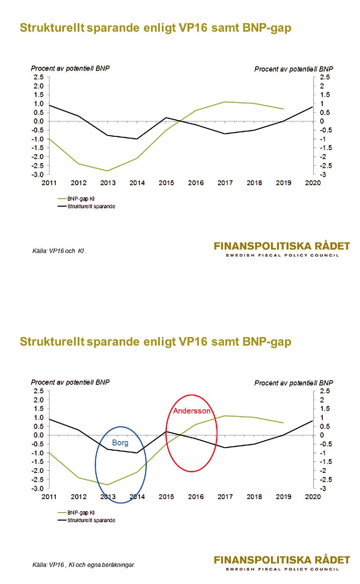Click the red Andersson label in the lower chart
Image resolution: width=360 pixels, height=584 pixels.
tap(192, 411)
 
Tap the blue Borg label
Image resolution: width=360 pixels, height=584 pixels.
tap(120, 443)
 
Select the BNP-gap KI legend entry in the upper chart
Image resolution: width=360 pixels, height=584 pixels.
tap(76, 199)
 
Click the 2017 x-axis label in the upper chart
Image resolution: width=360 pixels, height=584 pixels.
tap(225, 183)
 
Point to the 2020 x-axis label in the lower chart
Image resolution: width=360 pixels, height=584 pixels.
tap(313, 497)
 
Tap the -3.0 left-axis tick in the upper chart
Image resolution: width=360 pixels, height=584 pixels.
tap(38, 174)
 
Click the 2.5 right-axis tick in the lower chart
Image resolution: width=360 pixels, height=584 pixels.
tap(325, 391)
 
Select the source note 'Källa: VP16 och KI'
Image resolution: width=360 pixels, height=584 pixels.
tap(60, 251)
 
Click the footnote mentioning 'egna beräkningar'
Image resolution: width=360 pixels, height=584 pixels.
tap(83, 565)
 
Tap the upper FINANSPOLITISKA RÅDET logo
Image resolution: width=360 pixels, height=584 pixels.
tap(282, 246)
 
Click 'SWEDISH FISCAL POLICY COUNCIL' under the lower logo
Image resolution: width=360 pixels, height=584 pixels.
tap(282, 569)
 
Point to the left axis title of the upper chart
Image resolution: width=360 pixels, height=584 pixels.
tap(70, 68)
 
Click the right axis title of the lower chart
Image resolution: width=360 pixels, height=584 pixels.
tap(294, 383)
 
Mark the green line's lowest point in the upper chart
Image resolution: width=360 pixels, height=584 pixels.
tap(108, 171)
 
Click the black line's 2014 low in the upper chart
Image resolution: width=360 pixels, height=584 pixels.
tap(137, 139)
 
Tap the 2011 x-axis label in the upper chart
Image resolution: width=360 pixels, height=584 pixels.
tap(49, 183)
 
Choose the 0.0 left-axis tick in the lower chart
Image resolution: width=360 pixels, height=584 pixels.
tap(38, 435)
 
